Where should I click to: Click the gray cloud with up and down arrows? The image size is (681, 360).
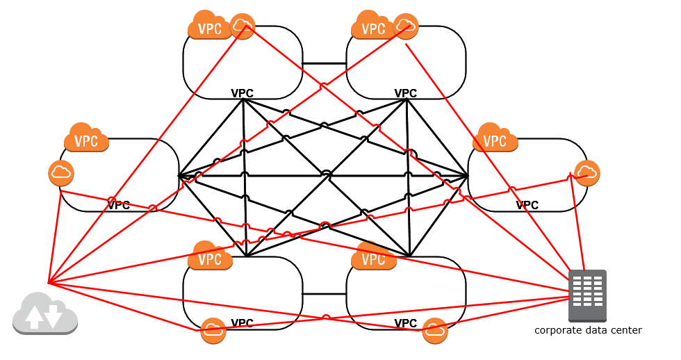pyautogui.click(x=45, y=313)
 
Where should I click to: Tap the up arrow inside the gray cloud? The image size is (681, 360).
pyautogui.click(x=33, y=316)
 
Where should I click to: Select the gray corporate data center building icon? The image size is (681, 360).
pyautogui.click(x=587, y=295)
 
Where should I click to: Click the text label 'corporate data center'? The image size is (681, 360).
pyautogui.click(x=588, y=330)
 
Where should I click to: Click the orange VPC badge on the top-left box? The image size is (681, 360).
pyautogui.click(x=209, y=28)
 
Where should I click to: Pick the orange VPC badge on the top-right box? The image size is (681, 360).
pyautogui.click(x=373, y=28)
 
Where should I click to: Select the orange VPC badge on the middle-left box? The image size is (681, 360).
pyautogui.click(x=86, y=140)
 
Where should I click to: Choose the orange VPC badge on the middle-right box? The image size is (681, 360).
pyautogui.click(x=495, y=140)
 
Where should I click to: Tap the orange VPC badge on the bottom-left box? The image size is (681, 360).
pyautogui.click(x=209, y=259)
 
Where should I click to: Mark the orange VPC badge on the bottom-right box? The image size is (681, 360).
pyautogui.click(x=373, y=259)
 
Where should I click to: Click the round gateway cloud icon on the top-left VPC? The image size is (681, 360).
pyautogui.click(x=243, y=26)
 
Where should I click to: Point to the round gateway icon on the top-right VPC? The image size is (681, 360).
pyautogui.click(x=406, y=26)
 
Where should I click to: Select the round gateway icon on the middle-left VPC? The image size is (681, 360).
pyautogui.click(x=61, y=173)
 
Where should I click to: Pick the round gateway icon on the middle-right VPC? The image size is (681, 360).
pyautogui.click(x=587, y=173)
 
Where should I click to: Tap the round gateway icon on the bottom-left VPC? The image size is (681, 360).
pyautogui.click(x=213, y=330)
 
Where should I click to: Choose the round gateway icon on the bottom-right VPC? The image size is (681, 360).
pyautogui.click(x=435, y=330)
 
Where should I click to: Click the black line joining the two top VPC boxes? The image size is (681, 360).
pyautogui.click(x=325, y=64)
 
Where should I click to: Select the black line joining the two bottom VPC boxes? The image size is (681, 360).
pyautogui.click(x=325, y=293)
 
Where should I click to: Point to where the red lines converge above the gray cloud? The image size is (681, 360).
pyautogui.click(x=48, y=283)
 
